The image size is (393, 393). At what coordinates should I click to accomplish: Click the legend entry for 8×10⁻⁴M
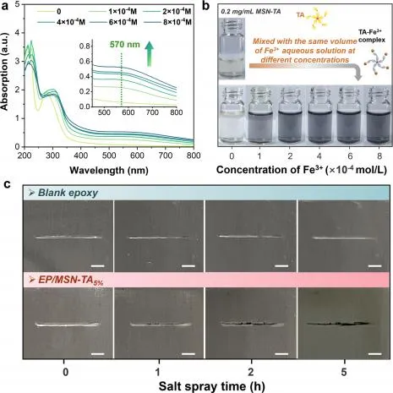pos(168,22)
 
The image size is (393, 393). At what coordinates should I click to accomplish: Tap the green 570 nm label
pos(125,45)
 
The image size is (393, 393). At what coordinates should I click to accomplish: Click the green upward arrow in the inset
pos(150,53)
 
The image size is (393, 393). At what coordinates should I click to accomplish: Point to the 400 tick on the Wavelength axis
pos(81,156)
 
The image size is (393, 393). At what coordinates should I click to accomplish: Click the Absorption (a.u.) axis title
pos(5,72)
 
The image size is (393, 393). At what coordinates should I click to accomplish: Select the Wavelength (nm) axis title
pos(109,170)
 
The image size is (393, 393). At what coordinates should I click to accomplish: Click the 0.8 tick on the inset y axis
pos(85,46)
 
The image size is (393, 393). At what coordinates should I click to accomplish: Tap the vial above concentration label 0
pos(232,115)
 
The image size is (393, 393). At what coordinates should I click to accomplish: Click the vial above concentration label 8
pos(379,115)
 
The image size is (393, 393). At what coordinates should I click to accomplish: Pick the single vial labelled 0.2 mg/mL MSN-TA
pos(232,48)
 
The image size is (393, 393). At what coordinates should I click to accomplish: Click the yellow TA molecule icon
pos(318,19)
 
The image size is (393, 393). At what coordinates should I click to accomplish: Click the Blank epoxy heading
pos(68,193)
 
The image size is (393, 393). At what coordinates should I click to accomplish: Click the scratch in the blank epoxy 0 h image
pos(68,237)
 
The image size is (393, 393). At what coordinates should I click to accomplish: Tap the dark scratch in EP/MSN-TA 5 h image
pos(338,324)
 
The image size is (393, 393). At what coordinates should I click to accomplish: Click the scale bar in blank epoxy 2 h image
pos(281,265)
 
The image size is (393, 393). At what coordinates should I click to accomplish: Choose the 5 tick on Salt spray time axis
pos(344,373)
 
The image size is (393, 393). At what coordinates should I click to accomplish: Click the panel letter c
pos(8,184)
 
